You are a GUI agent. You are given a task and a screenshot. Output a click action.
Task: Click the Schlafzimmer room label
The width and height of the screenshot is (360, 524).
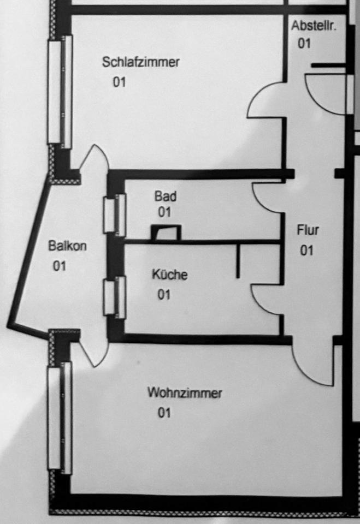140,62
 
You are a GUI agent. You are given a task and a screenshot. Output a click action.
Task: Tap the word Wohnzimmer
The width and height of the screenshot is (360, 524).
185,393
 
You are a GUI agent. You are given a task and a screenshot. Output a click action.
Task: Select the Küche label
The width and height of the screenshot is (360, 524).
169,275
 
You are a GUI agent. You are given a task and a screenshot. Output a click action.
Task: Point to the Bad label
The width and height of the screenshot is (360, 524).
165,196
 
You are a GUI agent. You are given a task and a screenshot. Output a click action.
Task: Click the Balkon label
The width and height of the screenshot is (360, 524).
67,246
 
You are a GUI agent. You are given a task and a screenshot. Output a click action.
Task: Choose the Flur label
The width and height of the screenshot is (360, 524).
308,230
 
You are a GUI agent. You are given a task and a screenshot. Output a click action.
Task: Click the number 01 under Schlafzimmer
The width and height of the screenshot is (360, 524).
120,82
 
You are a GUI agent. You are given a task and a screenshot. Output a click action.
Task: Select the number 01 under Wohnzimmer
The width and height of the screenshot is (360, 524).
164,413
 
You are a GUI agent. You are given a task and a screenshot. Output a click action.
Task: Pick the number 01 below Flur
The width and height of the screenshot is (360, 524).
306,251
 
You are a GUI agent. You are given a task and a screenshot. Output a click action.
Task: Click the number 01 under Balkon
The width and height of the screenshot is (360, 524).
60,266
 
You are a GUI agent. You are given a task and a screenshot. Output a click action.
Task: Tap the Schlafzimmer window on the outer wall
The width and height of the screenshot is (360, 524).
60,92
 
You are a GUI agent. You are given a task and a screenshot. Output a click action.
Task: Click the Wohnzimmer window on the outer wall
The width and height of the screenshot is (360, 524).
60,419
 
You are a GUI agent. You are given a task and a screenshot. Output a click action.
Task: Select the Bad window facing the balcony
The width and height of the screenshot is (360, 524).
115,215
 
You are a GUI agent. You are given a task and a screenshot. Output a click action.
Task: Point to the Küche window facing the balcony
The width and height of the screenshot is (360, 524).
115,297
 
